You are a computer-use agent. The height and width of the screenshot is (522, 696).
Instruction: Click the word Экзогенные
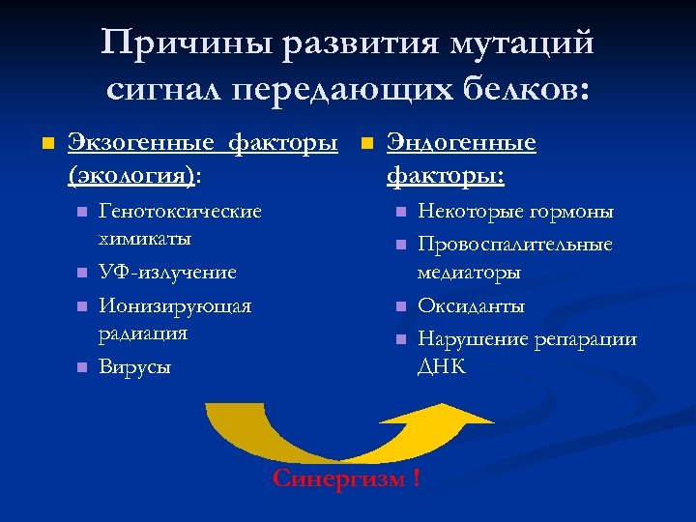(139, 144)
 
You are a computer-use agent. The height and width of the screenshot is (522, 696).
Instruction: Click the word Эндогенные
(461, 144)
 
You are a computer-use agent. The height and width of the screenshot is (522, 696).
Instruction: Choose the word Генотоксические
(180, 211)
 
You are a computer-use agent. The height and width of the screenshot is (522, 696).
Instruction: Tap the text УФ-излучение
(168, 273)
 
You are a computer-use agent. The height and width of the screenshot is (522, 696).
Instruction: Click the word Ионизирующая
(175, 306)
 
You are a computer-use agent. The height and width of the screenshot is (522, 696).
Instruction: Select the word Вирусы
(134, 367)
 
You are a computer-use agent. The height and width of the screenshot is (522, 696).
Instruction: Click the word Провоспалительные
(515, 245)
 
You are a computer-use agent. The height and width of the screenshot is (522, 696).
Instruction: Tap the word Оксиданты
(472, 306)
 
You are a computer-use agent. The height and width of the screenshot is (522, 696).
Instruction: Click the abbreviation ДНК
(442, 366)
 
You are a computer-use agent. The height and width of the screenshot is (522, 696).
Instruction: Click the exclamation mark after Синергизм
(417, 478)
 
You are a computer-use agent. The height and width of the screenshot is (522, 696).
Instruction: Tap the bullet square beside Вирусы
(81, 367)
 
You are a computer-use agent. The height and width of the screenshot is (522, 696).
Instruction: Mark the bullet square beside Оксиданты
(399, 306)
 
